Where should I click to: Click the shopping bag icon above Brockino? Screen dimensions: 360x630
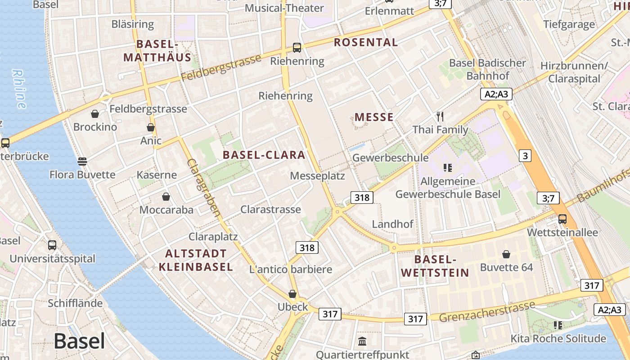(x=95, y=114)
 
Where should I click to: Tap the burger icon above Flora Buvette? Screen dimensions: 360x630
(x=82, y=161)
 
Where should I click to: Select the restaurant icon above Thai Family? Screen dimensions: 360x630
(x=440, y=117)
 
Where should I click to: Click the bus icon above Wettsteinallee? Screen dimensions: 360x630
(x=562, y=219)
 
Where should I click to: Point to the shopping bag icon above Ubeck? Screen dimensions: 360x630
(x=292, y=294)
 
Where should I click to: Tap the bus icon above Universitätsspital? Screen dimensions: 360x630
(x=52, y=245)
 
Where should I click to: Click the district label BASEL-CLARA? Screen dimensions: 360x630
(x=264, y=155)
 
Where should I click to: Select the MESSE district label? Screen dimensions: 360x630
(x=374, y=117)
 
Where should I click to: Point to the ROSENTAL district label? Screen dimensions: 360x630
(x=366, y=43)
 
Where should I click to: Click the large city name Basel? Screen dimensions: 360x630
(x=79, y=342)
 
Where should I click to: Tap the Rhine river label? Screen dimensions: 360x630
(x=19, y=89)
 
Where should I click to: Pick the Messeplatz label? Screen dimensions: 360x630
(x=317, y=175)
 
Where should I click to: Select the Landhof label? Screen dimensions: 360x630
(x=392, y=224)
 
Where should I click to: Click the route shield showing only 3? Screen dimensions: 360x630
(x=525, y=156)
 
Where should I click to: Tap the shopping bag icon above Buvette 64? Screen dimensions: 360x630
(x=506, y=254)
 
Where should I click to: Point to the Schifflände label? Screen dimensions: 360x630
(x=75, y=303)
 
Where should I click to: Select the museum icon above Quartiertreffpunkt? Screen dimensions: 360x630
(x=362, y=341)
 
